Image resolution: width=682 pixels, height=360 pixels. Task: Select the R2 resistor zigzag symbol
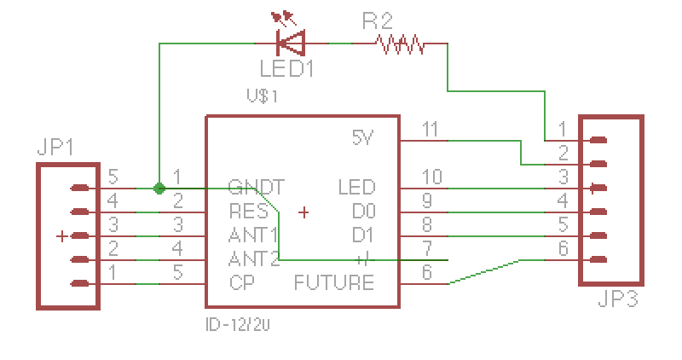tap(401, 43)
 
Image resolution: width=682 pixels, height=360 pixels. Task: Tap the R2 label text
tap(375, 20)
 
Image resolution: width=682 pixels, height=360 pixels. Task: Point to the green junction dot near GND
tap(159, 188)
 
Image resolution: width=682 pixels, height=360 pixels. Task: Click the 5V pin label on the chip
tap(362, 137)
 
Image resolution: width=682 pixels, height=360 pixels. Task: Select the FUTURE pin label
tap(333, 282)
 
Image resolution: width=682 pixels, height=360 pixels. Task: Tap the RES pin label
tap(248, 210)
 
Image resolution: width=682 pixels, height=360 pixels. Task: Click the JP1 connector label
tap(55, 147)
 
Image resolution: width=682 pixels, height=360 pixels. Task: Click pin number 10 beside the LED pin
tap(432, 177)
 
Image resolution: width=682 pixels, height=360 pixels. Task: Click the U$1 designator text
tap(263, 96)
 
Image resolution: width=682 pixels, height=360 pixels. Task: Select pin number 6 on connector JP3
tap(562, 249)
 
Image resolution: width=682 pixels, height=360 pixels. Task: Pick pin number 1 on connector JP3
tap(562, 129)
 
